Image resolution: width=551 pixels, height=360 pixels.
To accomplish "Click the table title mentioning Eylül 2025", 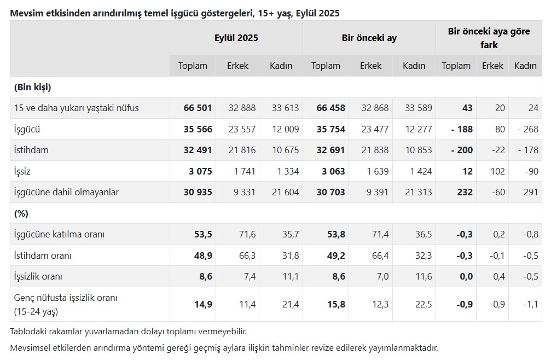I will tap(175, 13).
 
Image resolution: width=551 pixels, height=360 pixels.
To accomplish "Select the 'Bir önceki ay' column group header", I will tap(369, 38).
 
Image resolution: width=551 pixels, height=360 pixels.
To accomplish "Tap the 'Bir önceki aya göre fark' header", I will tap(489, 38).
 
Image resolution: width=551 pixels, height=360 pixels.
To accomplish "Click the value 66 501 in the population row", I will tap(198, 108).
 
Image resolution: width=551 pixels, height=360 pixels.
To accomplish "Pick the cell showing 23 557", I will tap(241, 130).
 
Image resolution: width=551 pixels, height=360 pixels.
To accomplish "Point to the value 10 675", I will tap(285, 150).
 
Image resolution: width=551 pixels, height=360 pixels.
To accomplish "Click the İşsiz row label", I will tap(22, 171).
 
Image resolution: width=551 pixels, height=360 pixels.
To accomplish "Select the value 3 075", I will tap(200, 171).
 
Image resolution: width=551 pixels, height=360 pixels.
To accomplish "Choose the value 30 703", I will tap(330, 192).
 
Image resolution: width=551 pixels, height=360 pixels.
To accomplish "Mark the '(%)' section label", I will tap(21, 213).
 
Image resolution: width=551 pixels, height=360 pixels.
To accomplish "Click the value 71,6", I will tap(247, 234).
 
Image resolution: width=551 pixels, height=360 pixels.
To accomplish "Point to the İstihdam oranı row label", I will tap(43, 256).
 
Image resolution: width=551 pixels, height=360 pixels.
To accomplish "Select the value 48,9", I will tap(203, 256).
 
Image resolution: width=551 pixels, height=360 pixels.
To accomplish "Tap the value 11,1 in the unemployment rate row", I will tap(290, 277).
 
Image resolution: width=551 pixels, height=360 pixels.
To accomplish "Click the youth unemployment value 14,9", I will tap(203, 305).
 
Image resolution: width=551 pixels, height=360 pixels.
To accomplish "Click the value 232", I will tap(464, 192).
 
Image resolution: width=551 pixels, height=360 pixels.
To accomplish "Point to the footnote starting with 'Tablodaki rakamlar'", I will tap(129, 332).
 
